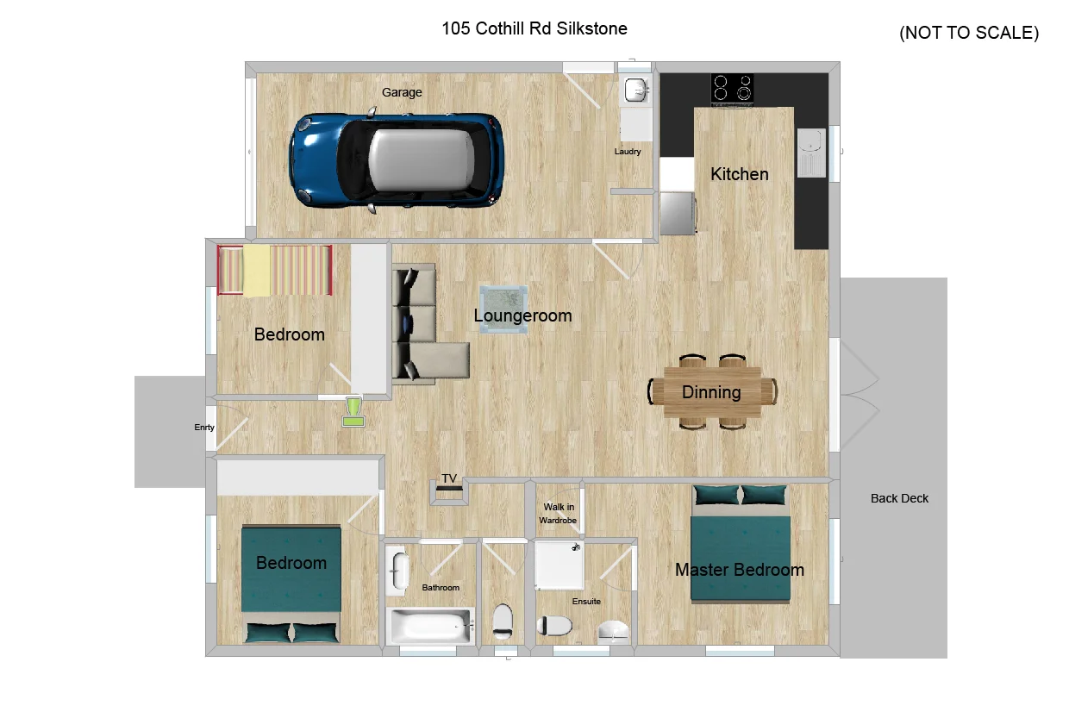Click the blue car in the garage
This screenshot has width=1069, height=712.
(397, 161)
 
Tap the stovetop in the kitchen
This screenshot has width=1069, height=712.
(732, 88)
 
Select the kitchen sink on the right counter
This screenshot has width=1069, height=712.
(811, 153)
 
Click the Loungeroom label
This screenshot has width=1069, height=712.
(522, 316)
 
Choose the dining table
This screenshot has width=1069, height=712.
(712, 392)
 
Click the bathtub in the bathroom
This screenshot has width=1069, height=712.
(430, 626)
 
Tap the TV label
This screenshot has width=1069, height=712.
(449, 478)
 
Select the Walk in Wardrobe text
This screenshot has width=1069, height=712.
(558, 514)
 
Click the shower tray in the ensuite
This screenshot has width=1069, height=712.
(559, 565)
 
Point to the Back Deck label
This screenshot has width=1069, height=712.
(899, 498)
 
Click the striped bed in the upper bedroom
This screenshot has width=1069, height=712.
(274, 271)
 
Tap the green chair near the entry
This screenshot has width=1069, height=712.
(353, 411)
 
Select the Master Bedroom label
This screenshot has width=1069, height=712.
(739, 570)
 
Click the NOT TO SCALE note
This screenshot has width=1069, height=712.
(969, 34)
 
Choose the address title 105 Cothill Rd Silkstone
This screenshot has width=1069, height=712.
(534, 28)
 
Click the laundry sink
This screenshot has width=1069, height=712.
(635, 90)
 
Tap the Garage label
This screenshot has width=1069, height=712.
(402, 92)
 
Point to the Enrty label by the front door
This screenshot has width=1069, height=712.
(204, 428)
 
